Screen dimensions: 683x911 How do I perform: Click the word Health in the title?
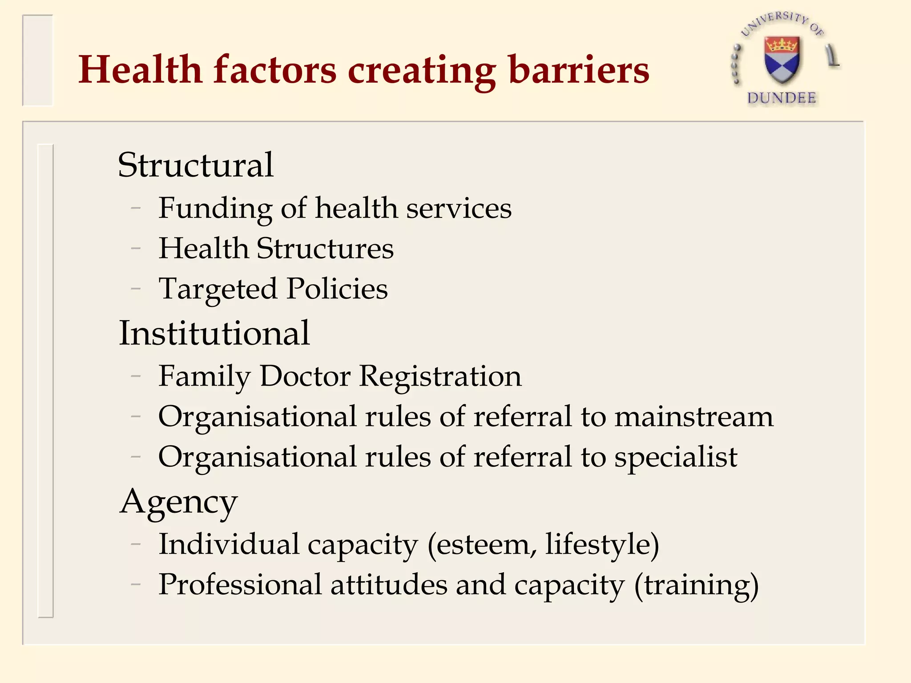(x=140, y=70)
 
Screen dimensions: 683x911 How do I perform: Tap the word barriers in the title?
(x=579, y=70)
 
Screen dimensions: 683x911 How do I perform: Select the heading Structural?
(x=195, y=165)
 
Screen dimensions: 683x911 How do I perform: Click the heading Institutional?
(x=214, y=333)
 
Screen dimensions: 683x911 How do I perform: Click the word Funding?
(x=215, y=209)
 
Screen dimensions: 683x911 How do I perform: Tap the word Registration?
(x=440, y=376)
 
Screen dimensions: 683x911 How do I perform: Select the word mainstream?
(x=694, y=417)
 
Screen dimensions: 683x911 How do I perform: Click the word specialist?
(x=676, y=457)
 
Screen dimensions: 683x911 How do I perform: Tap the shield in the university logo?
(x=782, y=59)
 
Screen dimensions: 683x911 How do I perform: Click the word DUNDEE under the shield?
(x=782, y=98)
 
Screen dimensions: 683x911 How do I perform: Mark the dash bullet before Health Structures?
(x=136, y=249)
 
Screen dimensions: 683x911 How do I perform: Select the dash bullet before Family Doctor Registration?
(x=136, y=377)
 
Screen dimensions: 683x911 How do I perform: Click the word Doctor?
(x=305, y=376)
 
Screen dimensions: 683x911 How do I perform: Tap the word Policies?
(x=337, y=289)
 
